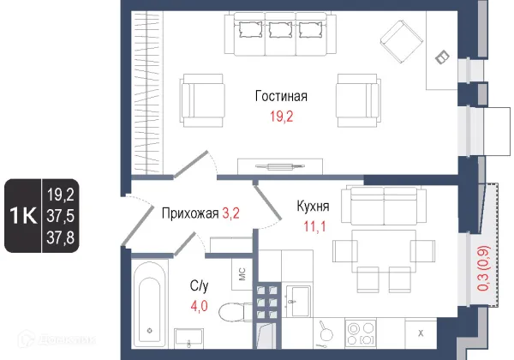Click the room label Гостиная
pos(281,96)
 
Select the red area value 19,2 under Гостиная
pos(281,116)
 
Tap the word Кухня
pos(313,207)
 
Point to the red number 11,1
pos(314,226)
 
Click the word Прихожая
pos(190,213)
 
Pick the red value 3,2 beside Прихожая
pos(230,213)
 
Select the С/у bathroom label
pos(199,286)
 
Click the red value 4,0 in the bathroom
pos(199,306)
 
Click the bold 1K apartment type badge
pos(23,215)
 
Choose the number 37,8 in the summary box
pos(60,237)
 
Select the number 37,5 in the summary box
pos(60,216)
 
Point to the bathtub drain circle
pos(150,331)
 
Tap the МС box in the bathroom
pos(242,274)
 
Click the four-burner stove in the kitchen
pos(361,333)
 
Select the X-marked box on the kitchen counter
pos(421,333)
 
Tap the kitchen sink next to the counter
pos(298,302)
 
